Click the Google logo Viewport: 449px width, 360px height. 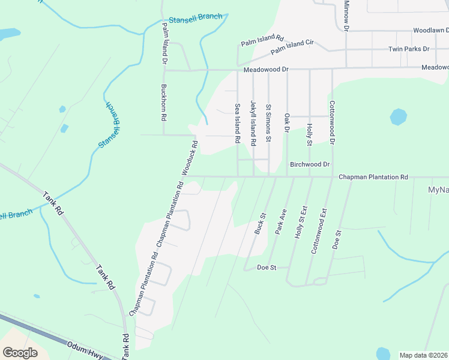(x=20, y=353)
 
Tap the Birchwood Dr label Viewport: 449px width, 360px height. (x=310, y=164)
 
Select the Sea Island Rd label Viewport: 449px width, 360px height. (x=238, y=123)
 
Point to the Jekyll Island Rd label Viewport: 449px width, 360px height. (x=253, y=123)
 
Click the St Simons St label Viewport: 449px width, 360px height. (x=269, y=123)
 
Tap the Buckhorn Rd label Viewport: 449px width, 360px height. (x=163, y=102)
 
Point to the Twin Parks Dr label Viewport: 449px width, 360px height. (x=409, y=49)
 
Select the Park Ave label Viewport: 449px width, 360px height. (x=280, y=221)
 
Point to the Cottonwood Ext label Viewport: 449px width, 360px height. (x=319, y=231)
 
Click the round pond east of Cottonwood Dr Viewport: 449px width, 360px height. (x=399, y=116)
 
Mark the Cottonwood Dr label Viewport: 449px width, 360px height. (x=331, y=122)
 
